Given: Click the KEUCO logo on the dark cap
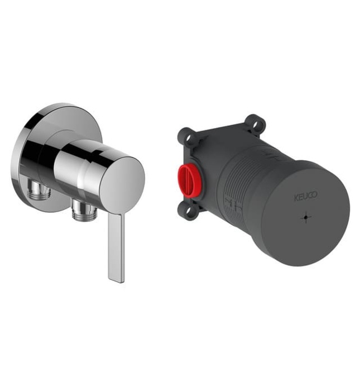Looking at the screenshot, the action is [306, 195].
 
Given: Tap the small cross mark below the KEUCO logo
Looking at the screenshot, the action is [306, 218].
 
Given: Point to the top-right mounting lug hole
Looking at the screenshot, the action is [256, 124].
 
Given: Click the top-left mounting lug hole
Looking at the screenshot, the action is [190, 137].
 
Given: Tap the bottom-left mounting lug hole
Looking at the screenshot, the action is [188, 210].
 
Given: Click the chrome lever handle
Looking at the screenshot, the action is [116, 247].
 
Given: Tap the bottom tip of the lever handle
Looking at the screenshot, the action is [117, 282].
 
